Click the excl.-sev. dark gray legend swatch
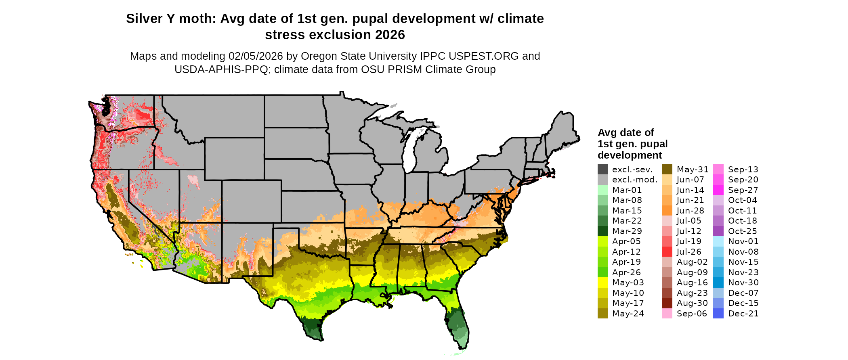pyautogui.click(x=602, y=170)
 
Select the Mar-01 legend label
pyautogui.click(x=627, y=190)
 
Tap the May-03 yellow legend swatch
pyautogui.click(x=602, y=283)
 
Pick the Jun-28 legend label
pyautogui.click(x=690, y=211)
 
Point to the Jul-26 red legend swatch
pyautogui.click(x=667, y=252)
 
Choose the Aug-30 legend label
pyautogui.click(x=692, y=303)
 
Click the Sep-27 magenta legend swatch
pyautogui.click(x=718, y=190)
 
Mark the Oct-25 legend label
pyautogui.click(x=742, y=231)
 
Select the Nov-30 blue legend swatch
pyautogui.click(x=718, y=283)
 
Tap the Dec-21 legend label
pyautogui.click(x=743, y=314)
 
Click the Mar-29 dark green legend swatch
pyautogui.click(x=602, y=231)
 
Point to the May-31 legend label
pyautogui.click(x=693, y=170)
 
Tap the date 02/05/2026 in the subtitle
pyautogui.click(x=256, y=56)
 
